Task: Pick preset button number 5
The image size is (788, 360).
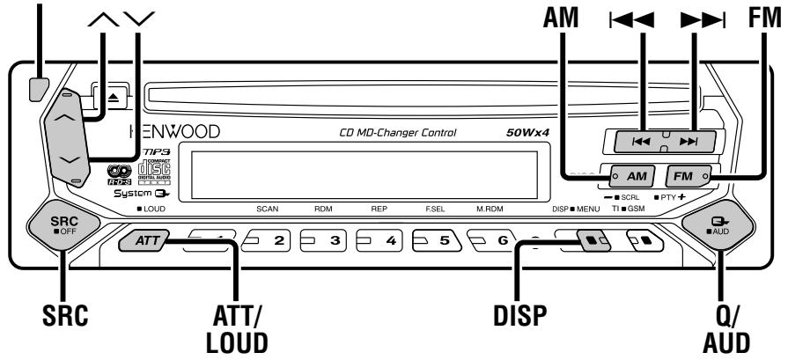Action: pyautogui.click(x=438, y=239)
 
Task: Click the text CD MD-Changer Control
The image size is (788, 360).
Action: pyautogui.click(x=397, y=134)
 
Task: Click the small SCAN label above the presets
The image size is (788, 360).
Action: pyautogui.click(x=267, y=211)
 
